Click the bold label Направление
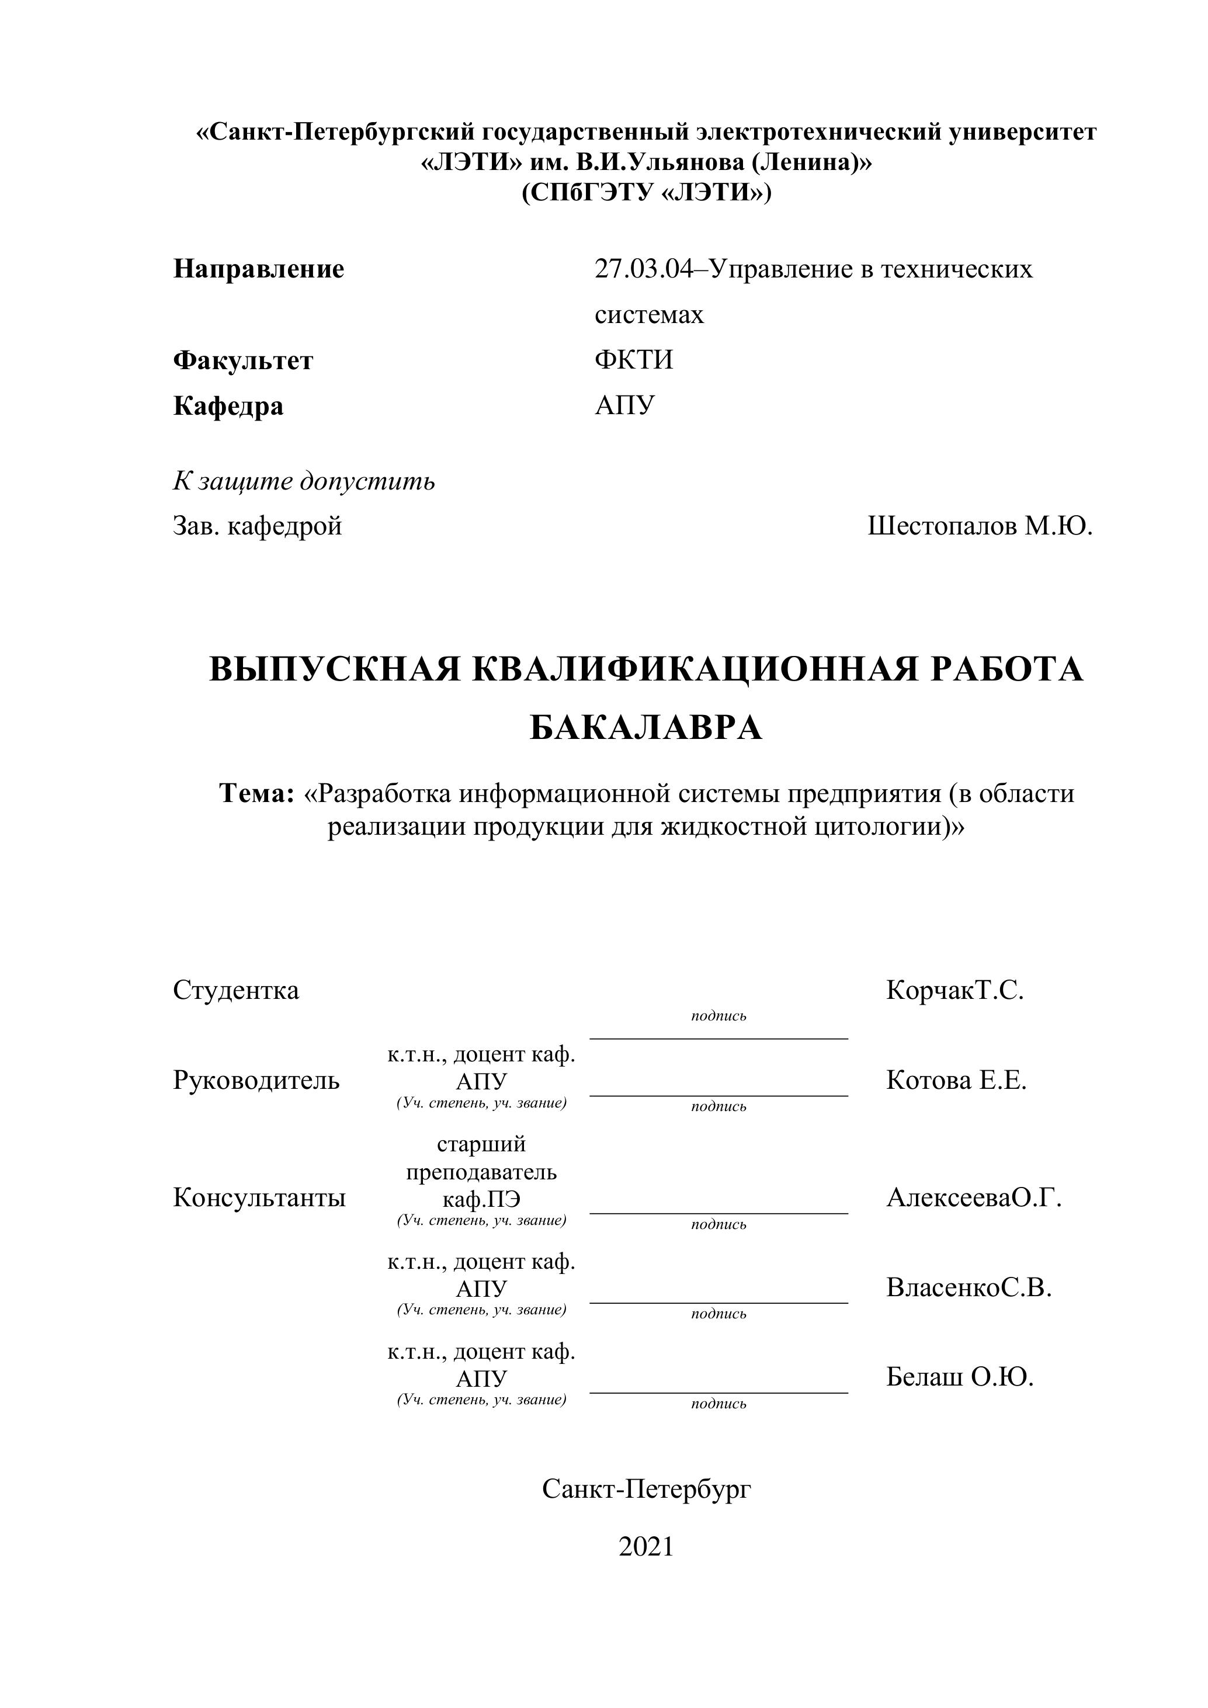point(259,269)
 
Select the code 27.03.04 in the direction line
point(643,269)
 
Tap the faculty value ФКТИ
point(634,360)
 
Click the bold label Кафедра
point(228,406)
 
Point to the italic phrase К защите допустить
point(304,481)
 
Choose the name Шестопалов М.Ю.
point(980,526)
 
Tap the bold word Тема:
point(258,794)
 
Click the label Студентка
point(236,990)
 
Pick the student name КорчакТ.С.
point(954,990)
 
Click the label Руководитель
point(256,1080)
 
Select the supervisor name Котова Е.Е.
point(956,1080)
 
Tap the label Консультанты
point(259,1197)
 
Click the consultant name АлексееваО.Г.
point(974,1197)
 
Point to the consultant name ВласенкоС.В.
point(969,1287)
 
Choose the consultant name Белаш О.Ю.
point(960,1378)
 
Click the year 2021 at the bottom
point(645,1547)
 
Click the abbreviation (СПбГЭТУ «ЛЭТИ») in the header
point(645,193)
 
